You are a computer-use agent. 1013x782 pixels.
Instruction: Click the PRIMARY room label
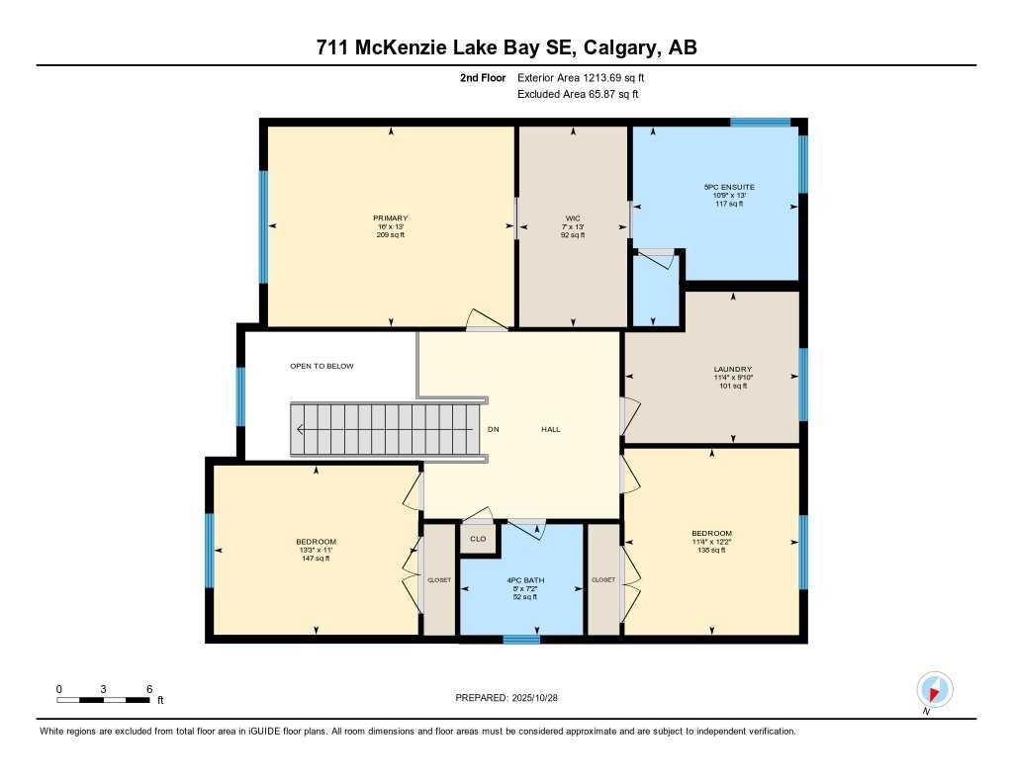click(x=391, y=217)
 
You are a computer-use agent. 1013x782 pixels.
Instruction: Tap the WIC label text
click(x=572, y=217)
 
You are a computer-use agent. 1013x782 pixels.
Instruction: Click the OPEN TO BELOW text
click(x=322, y=366)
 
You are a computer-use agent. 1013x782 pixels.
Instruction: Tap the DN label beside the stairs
click(x=494, y=429)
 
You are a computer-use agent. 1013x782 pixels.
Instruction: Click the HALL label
click(x=551, y=429)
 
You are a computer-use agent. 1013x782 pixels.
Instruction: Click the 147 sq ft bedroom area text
click(x=316, y=559)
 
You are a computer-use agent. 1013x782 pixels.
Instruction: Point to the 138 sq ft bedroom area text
click(x=711, y=550)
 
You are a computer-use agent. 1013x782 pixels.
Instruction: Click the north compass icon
click(x=934, y=688)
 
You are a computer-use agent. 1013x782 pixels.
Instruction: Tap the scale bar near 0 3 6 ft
click(x=104, y=700)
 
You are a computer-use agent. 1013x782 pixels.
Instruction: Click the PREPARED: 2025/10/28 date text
click(x=513, y=698)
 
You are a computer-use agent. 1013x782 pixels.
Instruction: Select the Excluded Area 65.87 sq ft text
click(x=578, y=94)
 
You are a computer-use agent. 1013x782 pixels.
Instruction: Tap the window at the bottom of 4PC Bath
click(x=521, y=640)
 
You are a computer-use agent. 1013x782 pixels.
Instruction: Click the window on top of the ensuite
click(x=760, y=123)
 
